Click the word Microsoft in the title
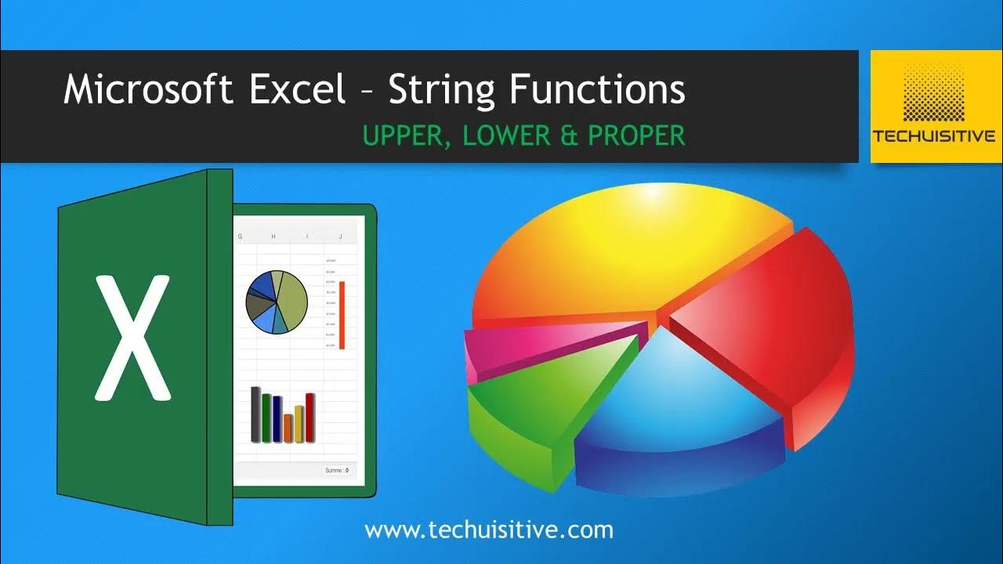[x=148, y=89]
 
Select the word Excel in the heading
[x=298, y=89]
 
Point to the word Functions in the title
[x=597, y=89]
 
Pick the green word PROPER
[x=636, y=136]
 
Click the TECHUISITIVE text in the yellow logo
[x=934, y=136]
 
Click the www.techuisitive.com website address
[x=489, y=530]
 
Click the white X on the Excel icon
[x=132, y=338]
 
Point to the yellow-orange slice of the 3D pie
[x=627, y=251]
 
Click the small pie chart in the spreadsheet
[x=277, y=302]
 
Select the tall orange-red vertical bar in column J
[x=342, y=314]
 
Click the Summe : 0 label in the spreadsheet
[x=336, y=470]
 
